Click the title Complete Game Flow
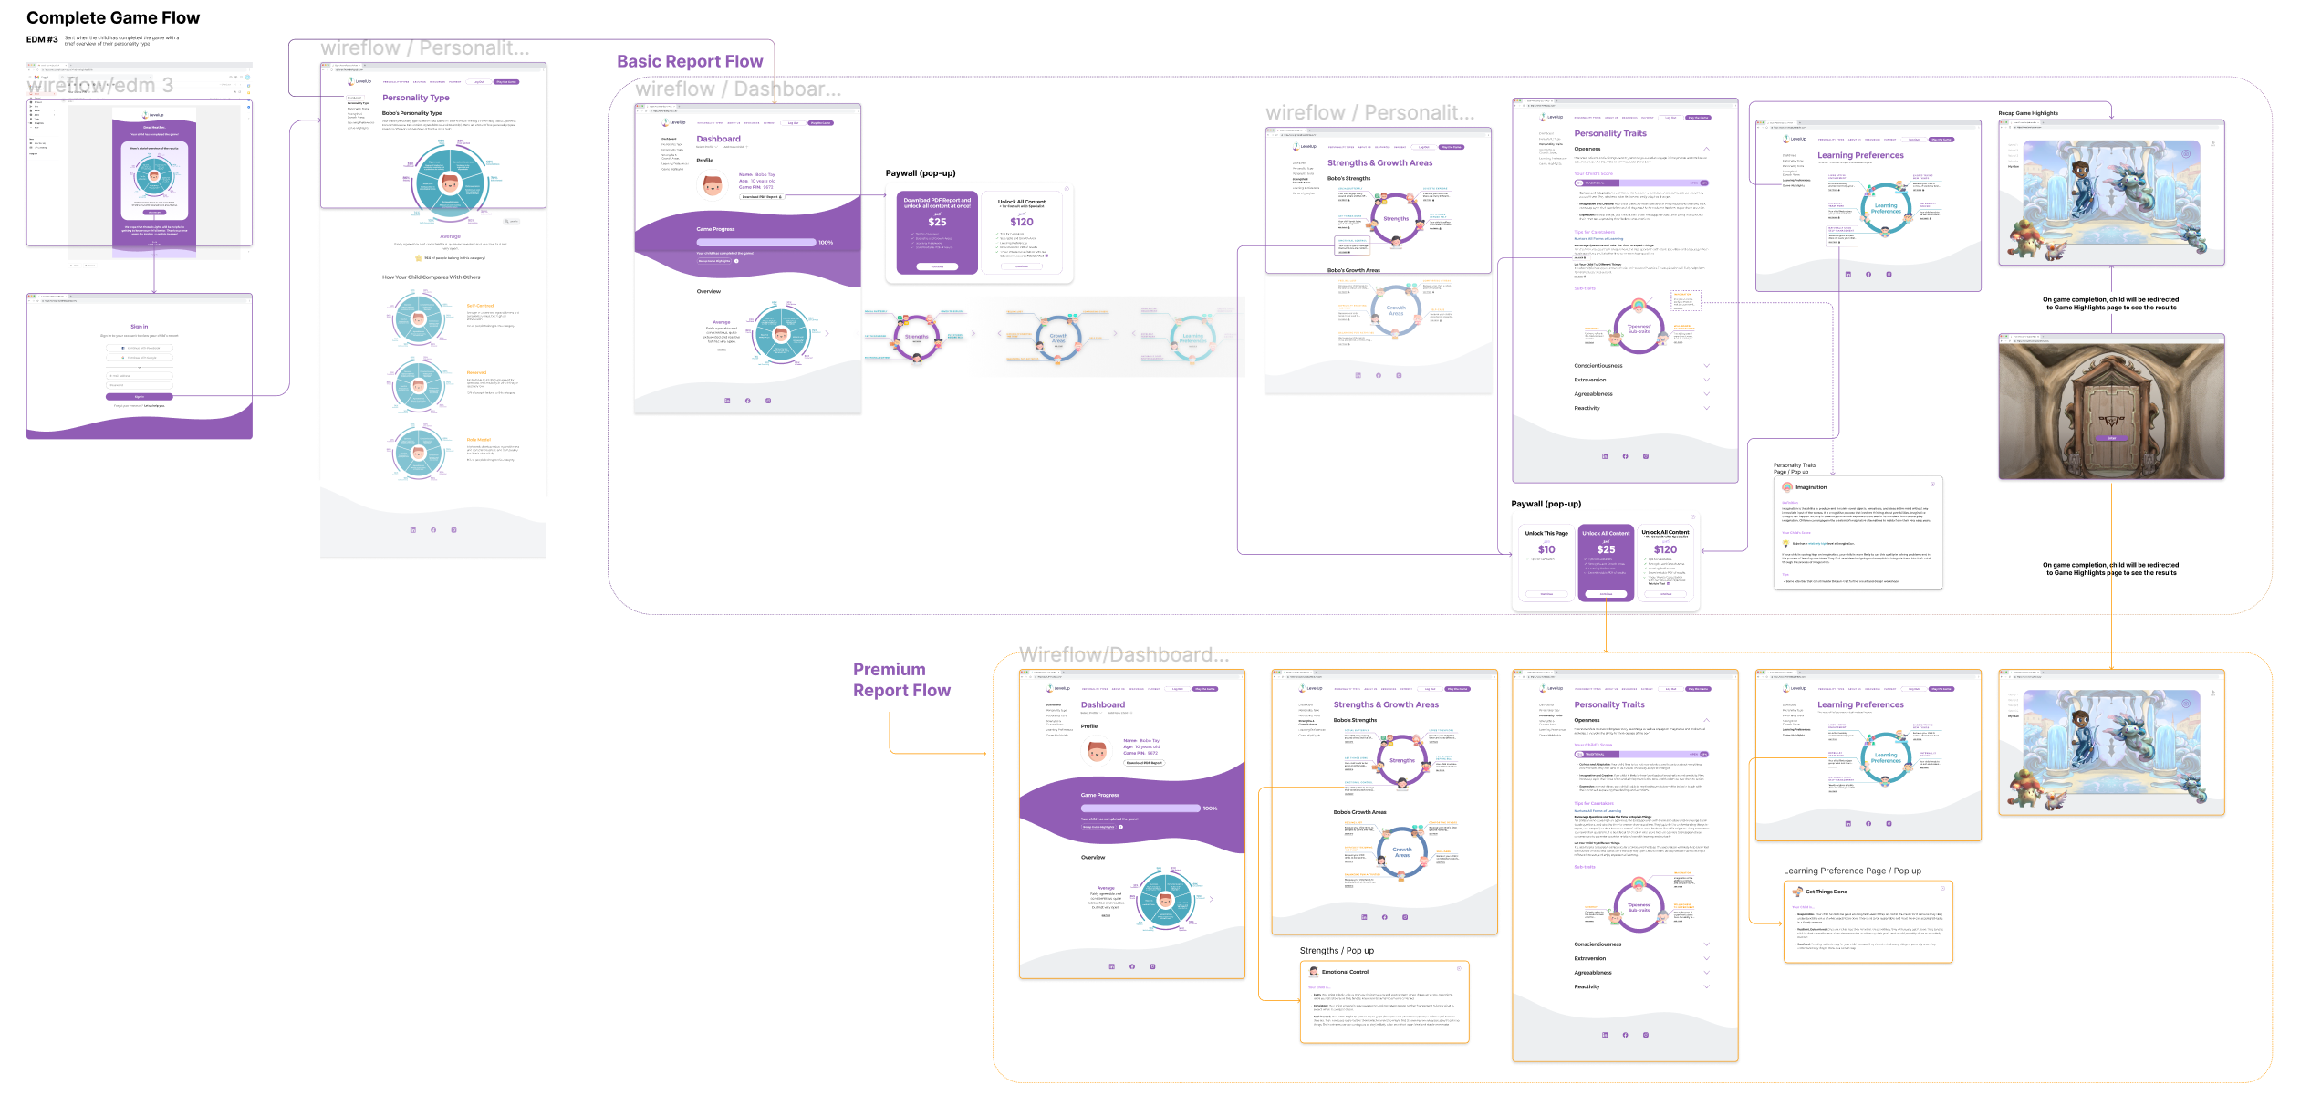(113, 18)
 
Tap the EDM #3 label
(42, 40)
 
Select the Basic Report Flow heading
(690, 62)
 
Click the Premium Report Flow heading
(900, 680)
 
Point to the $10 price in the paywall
(1546, 549)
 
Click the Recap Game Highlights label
(2028, 114)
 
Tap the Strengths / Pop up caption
(1337, 951)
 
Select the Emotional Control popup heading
(1345, 972)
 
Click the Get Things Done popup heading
(1826, 892)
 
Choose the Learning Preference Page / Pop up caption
(1852, 871)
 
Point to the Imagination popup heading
(1811, 487)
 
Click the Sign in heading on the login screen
(139, 327)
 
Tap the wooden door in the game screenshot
(2111, 415)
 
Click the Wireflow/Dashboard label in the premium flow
(1123, 655)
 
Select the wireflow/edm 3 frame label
(100, 86)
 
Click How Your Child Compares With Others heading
(431, 277)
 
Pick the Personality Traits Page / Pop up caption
(1795, 468)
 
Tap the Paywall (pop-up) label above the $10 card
(1546, 504)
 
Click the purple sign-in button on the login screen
(139, 397)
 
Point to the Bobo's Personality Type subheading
(411, 113)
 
